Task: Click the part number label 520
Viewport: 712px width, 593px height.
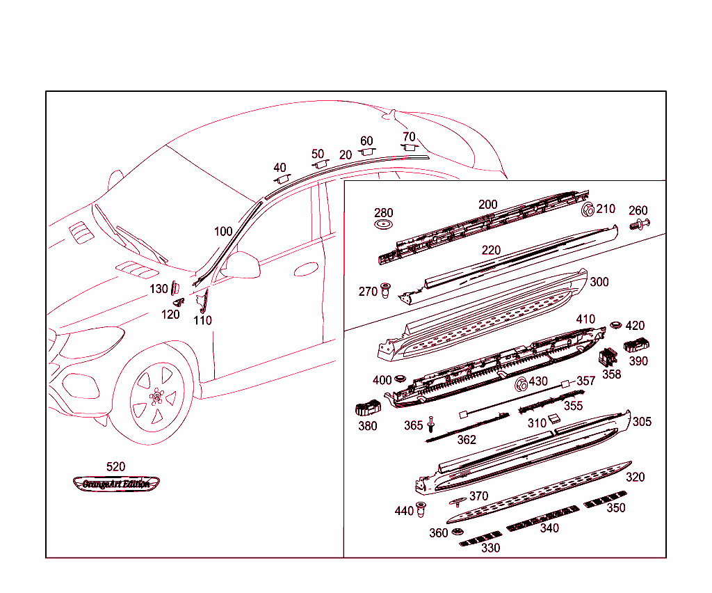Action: pos(115,467)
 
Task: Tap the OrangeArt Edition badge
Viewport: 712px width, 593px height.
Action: pos(116,484)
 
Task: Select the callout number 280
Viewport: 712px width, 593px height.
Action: pos(383,213)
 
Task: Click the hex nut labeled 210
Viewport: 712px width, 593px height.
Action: pos(587,209)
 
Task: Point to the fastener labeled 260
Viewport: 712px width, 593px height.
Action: pos(638,225)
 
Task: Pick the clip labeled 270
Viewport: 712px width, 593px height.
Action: pos(385,290)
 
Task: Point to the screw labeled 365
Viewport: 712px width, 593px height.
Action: pos(430,424)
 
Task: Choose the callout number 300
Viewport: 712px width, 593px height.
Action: pos(599,282)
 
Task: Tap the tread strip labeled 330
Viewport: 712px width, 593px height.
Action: pos(481,538)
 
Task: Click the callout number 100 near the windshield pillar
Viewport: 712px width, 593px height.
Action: pos(223,232)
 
